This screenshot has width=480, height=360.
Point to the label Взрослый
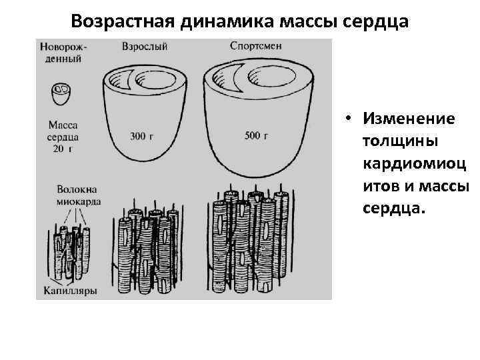pyautogui.click(x=145, y=47)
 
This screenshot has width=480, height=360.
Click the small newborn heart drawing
pyautogui.click(x=61, y=93)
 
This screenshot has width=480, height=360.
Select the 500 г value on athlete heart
pyautogui.click(x=256, y=136)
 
